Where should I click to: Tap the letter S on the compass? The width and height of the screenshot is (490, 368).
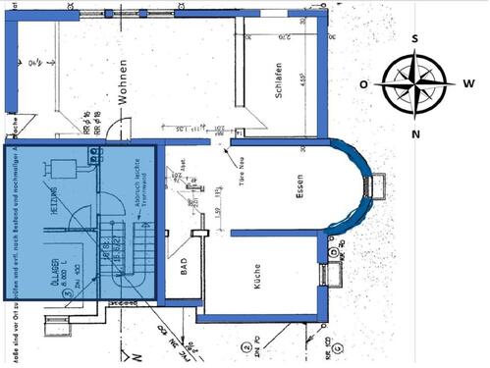pyautogui.click(x=415, y=38)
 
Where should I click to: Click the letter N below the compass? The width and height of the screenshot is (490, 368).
pyautogui.click(x=416, y=133)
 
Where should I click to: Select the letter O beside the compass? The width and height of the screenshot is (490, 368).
pyautogui.click(x=363, y=84)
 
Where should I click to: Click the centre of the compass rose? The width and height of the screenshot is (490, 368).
pyautogui.click(x=416, y=84)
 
